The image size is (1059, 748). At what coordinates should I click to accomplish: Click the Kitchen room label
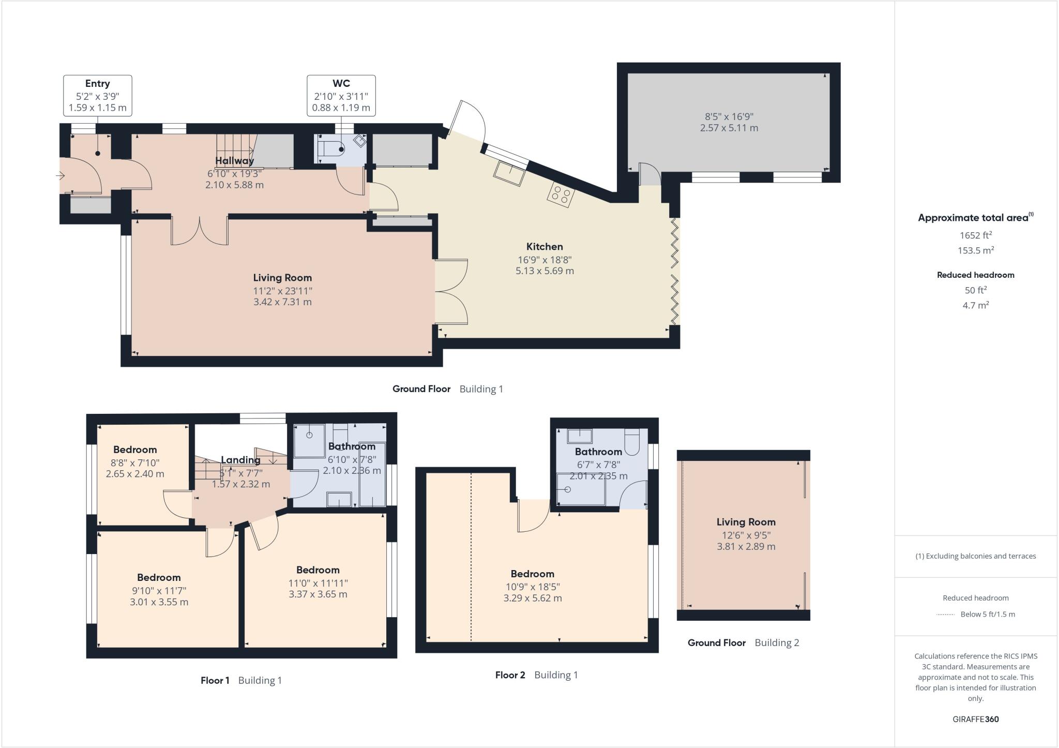544,247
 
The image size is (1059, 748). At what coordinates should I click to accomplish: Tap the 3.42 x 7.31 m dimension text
282,302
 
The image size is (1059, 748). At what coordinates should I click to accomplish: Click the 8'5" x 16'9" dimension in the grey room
729,117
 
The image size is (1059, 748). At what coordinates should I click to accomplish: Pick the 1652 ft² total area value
975,235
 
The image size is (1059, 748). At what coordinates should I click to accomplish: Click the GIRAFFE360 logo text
975,719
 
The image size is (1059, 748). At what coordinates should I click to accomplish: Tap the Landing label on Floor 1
240,460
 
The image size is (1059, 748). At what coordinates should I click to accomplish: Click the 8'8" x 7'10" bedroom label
135,463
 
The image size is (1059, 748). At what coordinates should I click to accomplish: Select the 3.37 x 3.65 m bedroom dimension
317,594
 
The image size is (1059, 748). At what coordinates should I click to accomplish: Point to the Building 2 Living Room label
746,522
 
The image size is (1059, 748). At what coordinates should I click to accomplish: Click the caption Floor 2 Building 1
536,675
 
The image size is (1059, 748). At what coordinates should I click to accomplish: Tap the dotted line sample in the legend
945,615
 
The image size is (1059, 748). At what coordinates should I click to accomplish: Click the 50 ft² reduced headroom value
975,290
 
